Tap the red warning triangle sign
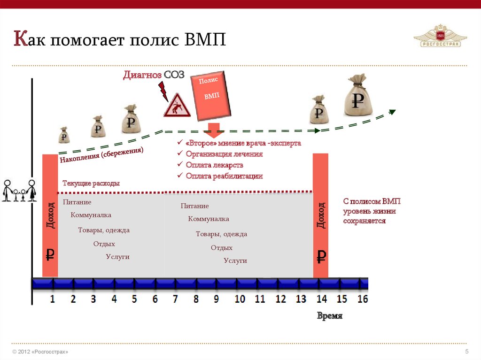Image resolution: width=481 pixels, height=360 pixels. pos(177,106)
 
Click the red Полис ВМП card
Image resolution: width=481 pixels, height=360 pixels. pos(211,95)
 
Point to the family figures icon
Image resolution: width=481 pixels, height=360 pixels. pos(19,191)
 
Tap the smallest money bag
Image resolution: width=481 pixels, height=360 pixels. pos(64,135)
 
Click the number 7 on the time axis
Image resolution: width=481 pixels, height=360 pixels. pos(175,299)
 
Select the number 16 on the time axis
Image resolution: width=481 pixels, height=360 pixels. pos(362,299)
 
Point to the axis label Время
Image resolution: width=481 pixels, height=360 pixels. pos(329,316)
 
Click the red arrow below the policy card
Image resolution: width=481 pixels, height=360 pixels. pos(214,130)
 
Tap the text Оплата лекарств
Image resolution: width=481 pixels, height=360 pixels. pos(214,165)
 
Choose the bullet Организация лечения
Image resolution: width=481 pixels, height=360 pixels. pos(224,154)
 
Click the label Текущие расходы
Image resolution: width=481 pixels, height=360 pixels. pos(91,184)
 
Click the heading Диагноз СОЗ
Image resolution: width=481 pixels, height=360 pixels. pos(154,75)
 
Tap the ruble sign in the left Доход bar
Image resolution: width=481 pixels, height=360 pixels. pos(50,254)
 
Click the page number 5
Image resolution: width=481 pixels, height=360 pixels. pos(466,352)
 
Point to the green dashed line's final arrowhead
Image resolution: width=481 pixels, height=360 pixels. pos(392,112)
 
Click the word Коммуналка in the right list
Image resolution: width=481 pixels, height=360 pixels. pos(209,219)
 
